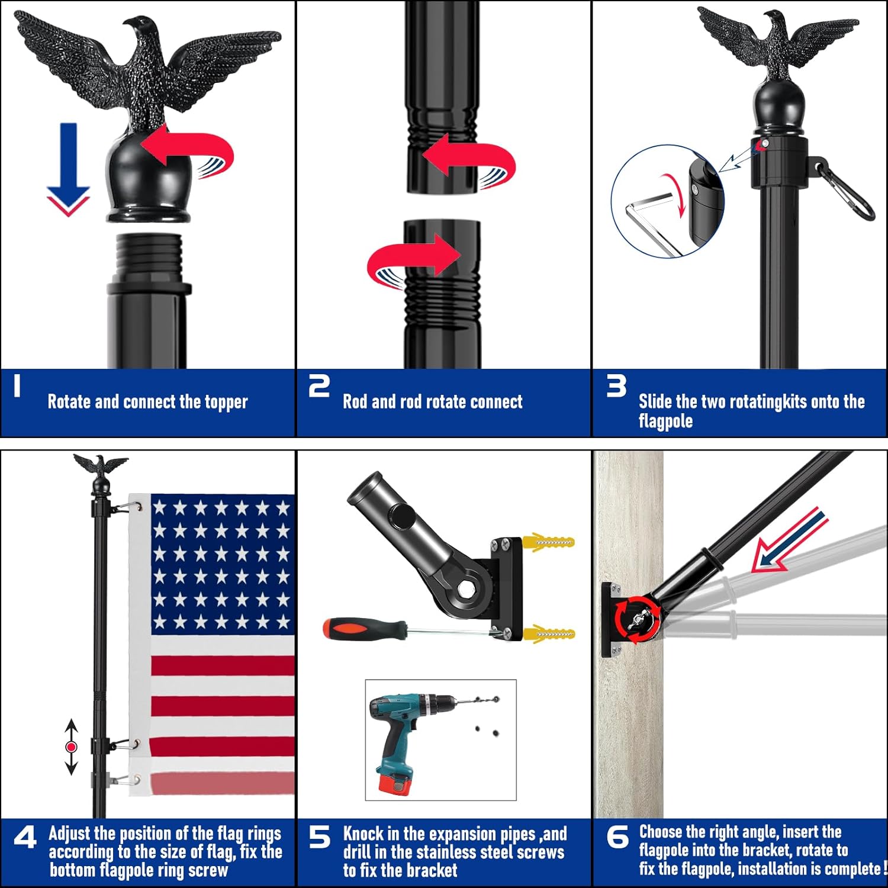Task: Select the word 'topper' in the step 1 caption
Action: (x=226, y=402)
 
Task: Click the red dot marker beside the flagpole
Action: (x=72, y=747)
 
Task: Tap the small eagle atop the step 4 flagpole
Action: (x=100, y=465)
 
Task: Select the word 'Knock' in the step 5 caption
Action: (x=363, y=834)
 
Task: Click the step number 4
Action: (x=25, y=837)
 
